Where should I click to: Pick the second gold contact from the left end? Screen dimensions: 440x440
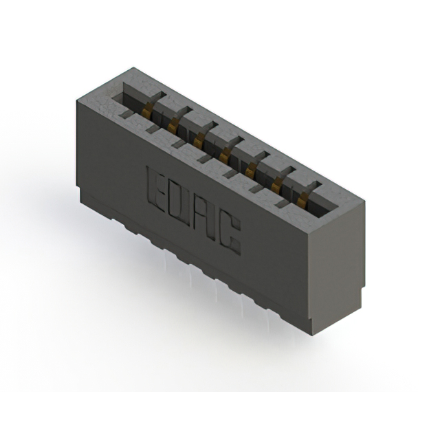click(x=173, y=122)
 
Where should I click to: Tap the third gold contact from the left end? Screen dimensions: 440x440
click(x=199, y=138)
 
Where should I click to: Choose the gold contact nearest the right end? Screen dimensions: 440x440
click(x=302, y=199)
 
